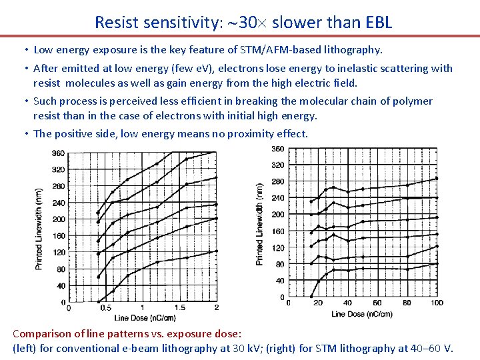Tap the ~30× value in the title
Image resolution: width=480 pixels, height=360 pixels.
coord(241,22)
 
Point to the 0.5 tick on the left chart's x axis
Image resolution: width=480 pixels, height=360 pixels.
coord(105,308)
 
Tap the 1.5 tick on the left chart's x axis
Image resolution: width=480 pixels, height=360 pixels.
coord(180,308)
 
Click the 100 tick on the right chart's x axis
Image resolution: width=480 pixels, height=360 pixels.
coord(437,303)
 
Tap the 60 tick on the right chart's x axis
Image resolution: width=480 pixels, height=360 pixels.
coord(377,303)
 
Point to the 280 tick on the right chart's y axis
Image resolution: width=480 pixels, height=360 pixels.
coord(277,181)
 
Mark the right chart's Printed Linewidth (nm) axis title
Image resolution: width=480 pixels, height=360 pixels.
coord(259,223)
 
